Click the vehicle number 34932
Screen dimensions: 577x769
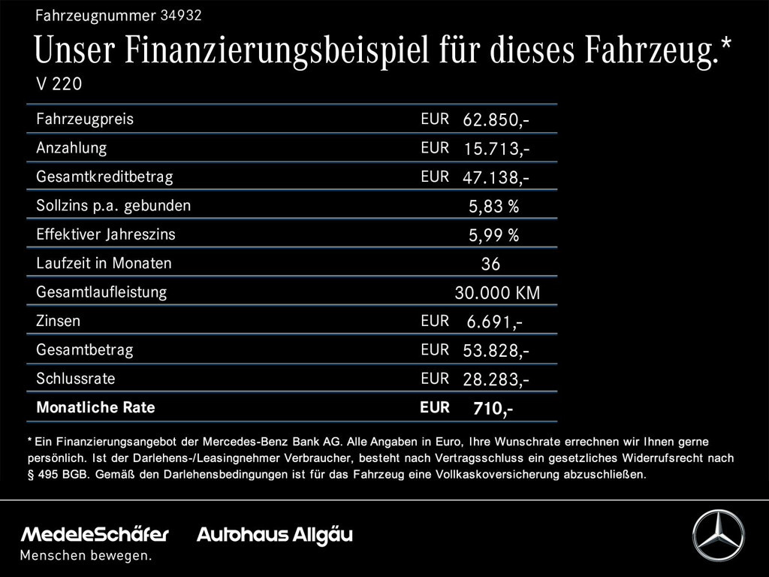pyautogui.click(x=181, y=14)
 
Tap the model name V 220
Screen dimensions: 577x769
pyautogui.click(x=59, y=84)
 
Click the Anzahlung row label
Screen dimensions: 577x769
pyautogui.click(x=71, y=148)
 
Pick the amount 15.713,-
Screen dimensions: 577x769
pyautogui.click(x=496, y=150)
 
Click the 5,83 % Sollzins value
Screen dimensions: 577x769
pyautogui.click(x=493, y=207)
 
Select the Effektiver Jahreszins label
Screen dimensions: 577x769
pyautogui.click(x=106, y=234)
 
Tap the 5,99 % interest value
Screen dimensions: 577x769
pyautogui.click(x=493, y=236)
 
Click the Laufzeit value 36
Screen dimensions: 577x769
pyautogui.click(x=490, y=264)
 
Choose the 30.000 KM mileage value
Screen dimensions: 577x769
pyautogui.click(x=497, y=293)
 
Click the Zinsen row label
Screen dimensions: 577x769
pyautogui.click(x=58, y=321)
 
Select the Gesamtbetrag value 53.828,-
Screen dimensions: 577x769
pyautogui.click(x=496, y=351)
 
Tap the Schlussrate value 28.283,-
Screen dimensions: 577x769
pyautogui.click(x=496, y=379)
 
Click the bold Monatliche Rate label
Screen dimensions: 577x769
pyautogui.click(x=95, y=407)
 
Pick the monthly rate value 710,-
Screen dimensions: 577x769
pyautogui.click(x=493, y=409)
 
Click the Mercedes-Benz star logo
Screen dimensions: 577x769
pyautogui.click(x=718, y=535)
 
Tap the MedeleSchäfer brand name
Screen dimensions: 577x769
pyautogui.click(x=95, y=535)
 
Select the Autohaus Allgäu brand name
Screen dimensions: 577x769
pyautogui.click(x=274, y=535)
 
